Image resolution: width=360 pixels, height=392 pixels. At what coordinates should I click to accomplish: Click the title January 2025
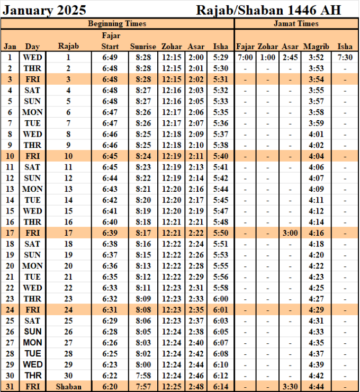pyautogui.click(x=44, y=10)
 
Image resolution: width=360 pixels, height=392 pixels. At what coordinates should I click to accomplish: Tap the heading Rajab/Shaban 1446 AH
pyautogui.click(x=268, y=10)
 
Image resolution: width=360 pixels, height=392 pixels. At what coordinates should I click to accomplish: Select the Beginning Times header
pyautogui.click(x=117, y=24)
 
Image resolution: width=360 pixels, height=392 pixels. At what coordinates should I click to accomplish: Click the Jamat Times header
pyautogui.click(x=296, y=24)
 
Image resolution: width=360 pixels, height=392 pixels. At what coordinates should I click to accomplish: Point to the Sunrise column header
pyautogui.click(x=143, y=46)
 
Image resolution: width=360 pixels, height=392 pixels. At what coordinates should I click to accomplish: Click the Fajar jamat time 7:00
pyautogui.click(x=245, y=57)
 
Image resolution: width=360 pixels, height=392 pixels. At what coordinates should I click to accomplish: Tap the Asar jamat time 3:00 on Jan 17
pyautogui.click(x=290, y=233)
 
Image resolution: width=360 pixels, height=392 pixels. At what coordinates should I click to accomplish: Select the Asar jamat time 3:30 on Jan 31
pyautogui.click(x=290, y=387)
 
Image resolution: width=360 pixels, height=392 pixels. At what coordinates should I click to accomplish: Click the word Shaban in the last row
pyautogui.click(x=68, y=387)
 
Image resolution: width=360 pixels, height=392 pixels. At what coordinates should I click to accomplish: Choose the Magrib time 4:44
pyautogui.click(x=316, y=387)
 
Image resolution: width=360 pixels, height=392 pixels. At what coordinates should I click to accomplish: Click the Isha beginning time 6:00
pyautogui.click(x=220, y=299)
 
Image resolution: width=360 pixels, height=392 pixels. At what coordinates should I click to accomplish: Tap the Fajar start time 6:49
pyautogui.click(x=110, y=57)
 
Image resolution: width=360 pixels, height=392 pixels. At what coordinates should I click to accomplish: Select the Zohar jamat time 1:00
pyautogui.click(x=267, y=57)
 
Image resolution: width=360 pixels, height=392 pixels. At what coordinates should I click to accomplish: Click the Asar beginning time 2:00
pyautogui.click(x=196, y=57)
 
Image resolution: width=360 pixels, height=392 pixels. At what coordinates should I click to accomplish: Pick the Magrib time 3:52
pyautogui.click(x=316, y=57)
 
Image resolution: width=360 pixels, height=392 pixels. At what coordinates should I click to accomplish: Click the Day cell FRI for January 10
pyautogui.click(x=32, y=156)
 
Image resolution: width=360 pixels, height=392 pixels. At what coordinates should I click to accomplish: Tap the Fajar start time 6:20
pyautogui.click(x=110, y=387)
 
